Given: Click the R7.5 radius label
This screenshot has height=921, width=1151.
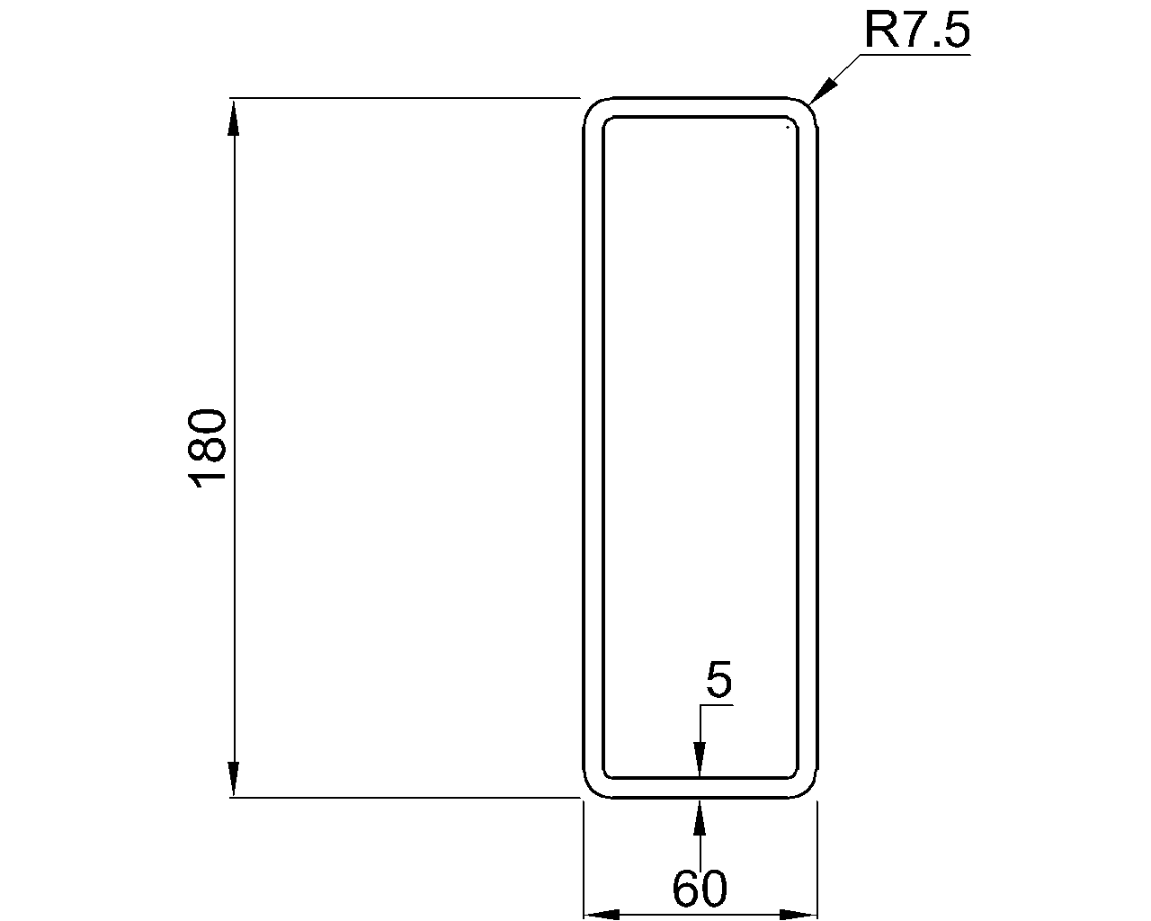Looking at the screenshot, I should (x=916, y=31).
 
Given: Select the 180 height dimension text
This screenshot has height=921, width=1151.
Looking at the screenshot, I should (x=208, y=447).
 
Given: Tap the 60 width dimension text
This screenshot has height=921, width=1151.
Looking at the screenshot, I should (x=699, y=889).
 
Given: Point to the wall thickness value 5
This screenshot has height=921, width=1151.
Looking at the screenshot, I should (x=718, y=680).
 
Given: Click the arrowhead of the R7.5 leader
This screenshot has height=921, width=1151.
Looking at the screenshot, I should (x=823, y=91).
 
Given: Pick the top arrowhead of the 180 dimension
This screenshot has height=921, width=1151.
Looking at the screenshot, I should (x=234, y=117).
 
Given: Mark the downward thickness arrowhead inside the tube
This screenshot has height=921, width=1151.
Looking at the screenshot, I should (x=700, y=758).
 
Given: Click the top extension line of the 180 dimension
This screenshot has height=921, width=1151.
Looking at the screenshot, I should (x=405, y=97).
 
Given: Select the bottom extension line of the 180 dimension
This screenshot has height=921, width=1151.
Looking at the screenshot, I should (x=405, y=797).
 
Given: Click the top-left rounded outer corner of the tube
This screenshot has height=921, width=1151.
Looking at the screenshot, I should (x=591, y=104).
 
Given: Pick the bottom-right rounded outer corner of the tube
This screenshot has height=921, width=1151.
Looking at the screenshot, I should (x=810, y=790).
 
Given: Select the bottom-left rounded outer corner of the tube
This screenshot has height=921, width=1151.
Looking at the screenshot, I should (x=591, y=790).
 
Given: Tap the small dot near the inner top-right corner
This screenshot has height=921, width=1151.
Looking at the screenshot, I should (x=788, y=128).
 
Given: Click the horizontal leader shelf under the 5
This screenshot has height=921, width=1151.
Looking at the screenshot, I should (x=717, y=705).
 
